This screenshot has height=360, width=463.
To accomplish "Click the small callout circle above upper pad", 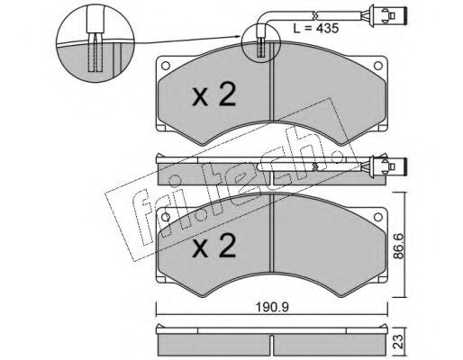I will click(260, 44).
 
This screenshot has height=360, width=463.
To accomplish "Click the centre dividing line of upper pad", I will click(270, 99).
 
